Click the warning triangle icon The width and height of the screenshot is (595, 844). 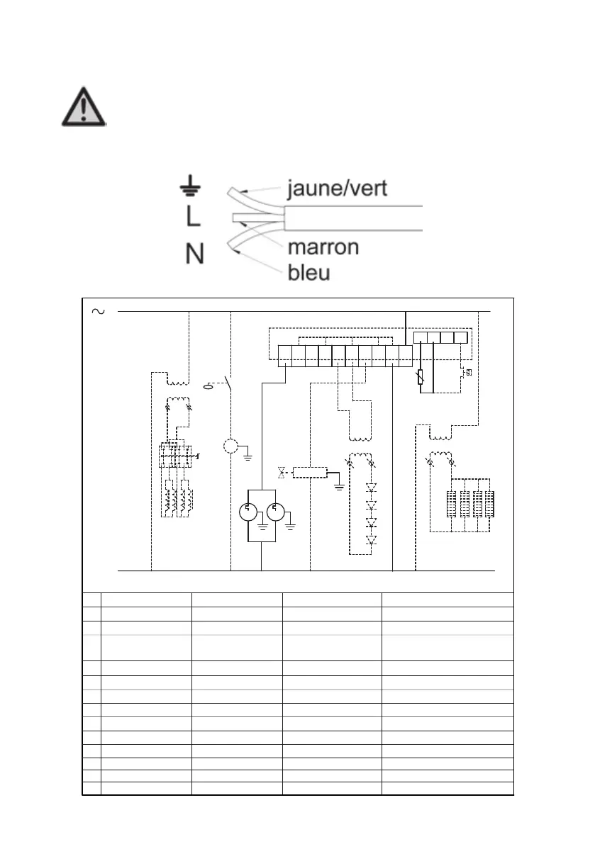click(x=84, y=108)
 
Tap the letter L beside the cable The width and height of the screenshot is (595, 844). click(x=193, y=217)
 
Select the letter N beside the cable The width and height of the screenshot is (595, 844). click(x=194, y=253)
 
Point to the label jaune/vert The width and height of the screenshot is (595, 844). click(x=337, y=189)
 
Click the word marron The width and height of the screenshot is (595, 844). click(x=323, y=247)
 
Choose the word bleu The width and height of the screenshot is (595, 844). click(x=309, y=273)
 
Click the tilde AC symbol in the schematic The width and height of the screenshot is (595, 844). click(x=98, y=311)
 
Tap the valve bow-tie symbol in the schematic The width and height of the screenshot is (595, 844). click(x=282, y=472)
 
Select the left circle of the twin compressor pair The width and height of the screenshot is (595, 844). click(x=248, y=512)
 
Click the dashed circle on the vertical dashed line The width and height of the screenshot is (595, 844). click(x=230, y=446)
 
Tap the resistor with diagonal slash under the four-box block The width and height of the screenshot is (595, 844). click(x=421, y=377)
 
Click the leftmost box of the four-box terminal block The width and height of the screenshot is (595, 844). click(x=420, y=337)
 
